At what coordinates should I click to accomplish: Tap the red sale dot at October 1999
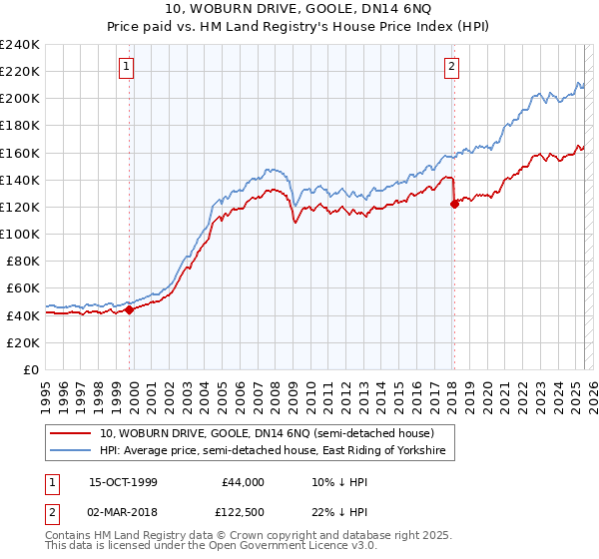click(x=130, y=309)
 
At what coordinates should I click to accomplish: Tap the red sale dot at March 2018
click(x=454, y=203)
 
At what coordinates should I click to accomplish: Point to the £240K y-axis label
click(x=20, y=45)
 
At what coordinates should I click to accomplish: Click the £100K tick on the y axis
click(x=20, y=234)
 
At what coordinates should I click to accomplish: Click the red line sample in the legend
click(x=72, y=434)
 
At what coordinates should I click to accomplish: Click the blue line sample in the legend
click(x=72, y=452)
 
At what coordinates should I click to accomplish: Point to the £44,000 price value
click(x=242, y=482)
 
